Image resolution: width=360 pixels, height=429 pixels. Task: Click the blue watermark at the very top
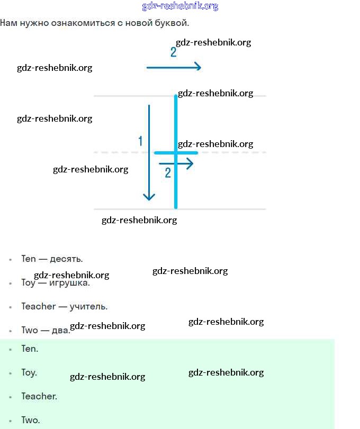pyautogui.click(x=180, y=6)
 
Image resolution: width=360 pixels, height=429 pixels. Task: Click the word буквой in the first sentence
pyautogui.click(x=173, y=23)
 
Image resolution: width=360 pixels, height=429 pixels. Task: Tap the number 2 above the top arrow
pyautogui.click(x=173, y=52)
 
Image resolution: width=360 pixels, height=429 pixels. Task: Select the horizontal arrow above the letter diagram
pyautogui.click(x=174, y=67)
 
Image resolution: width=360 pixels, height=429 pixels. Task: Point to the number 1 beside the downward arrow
pyautogui.click(x=140, y=141)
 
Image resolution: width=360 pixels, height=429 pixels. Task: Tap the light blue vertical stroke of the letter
pyautogui.click(x=176, y=180)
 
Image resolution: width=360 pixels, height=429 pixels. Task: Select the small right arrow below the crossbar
pyautogui.click(x=176, y=164)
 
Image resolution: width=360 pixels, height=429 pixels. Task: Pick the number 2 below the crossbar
pyautogui.click(x=168, y=173)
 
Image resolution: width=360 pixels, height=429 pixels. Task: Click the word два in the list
pyautogui.click(x=61, y=331)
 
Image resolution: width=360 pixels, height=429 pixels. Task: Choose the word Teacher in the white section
pyautogui.click(x=38, y=306)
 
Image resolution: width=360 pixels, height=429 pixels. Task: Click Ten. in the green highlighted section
pyautogui.click(x=30, y=349)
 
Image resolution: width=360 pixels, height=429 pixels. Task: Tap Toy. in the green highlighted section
pyautogui.click(x=29, y=373)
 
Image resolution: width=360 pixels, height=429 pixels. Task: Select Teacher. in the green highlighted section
pyautogui.click(x=39, y=396)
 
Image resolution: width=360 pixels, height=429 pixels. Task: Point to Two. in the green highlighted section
pyautogui.click(x=30, y=421)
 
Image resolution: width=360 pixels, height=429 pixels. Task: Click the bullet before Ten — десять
pyautogui.click(x=10, y=260)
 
